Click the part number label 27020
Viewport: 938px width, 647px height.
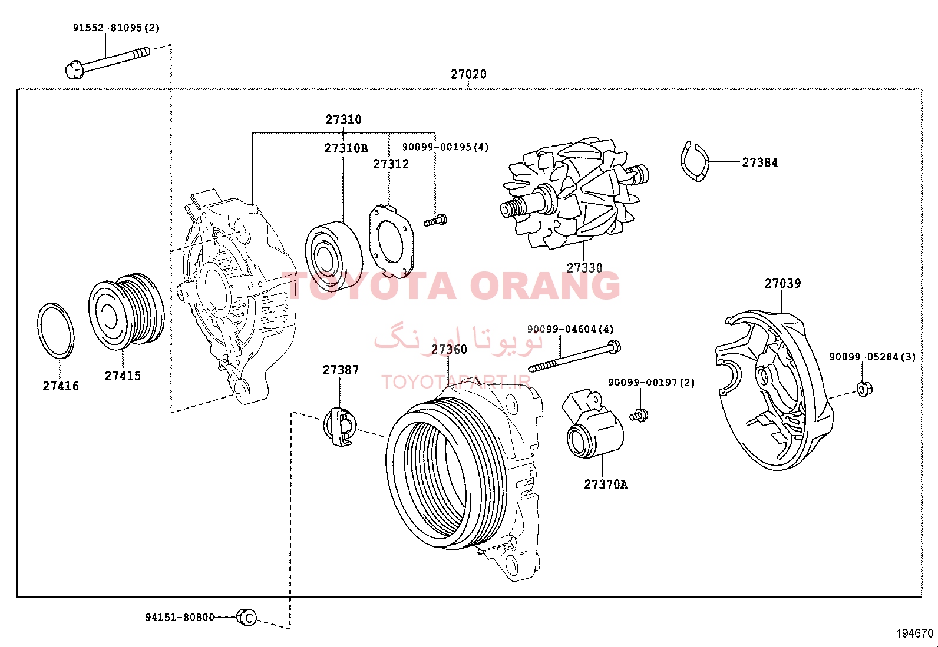468,75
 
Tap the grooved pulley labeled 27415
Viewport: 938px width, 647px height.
126,312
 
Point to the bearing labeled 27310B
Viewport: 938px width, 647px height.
333,256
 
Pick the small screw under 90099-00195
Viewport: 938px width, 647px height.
435,221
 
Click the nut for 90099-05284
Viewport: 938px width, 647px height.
864,390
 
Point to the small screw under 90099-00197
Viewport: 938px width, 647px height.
639,415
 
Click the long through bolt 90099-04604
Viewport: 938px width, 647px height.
574,357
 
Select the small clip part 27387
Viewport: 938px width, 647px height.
340,427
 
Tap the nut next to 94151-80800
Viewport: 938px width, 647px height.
247,618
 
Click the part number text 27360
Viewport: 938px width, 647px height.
449,349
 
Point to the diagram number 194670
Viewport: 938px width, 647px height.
914,633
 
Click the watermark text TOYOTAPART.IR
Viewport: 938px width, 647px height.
455,381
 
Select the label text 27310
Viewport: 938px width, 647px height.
344,120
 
